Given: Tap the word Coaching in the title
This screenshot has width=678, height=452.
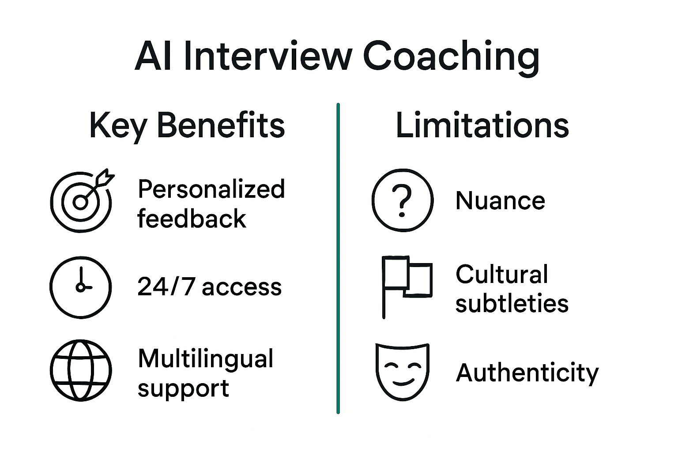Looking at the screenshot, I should click(x=451, y=56).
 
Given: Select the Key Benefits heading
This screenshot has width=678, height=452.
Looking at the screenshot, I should click(x=187, y=126).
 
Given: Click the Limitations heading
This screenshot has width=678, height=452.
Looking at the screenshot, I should click(x=482, y=126).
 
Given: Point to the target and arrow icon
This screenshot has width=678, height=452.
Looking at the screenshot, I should click(x=82, y=201).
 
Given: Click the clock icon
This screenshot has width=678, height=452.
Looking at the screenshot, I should click(x=81, y=287).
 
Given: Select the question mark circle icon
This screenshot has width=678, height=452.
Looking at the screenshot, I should click(x=402, y=200).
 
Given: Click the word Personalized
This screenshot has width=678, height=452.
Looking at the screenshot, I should click(x=211, y=189).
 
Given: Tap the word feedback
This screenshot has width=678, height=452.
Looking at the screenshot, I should click(x=192, y=218).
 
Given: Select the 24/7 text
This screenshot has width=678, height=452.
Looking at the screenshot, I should click(x=166, y=287).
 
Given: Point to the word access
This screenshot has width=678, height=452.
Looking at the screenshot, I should click(x=242, y=287).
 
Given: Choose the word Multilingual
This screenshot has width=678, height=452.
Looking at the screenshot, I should click(x=206, y=358).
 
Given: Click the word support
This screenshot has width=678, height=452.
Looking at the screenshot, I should click(x=183, y=388).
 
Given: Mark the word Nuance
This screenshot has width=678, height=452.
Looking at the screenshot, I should click(x=500, y=201).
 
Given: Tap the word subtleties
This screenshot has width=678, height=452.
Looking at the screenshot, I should click(x=512, y=304).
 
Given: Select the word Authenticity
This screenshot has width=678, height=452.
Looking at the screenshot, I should click(x=527, y=373).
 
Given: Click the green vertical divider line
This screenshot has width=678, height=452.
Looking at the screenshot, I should click(x=338, y=258).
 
